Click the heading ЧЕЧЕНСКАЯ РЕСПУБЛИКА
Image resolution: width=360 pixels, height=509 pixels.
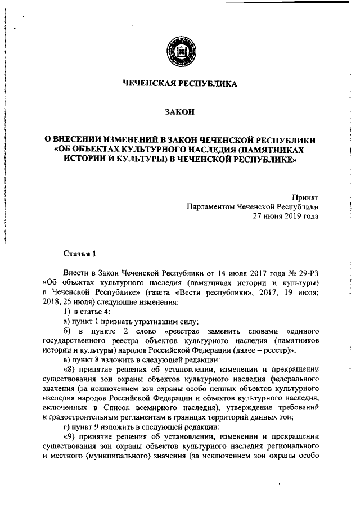coord(180,84)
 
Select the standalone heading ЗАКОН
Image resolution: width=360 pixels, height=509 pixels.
coord(180,112)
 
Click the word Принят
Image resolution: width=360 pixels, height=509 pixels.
coord(305,197)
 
